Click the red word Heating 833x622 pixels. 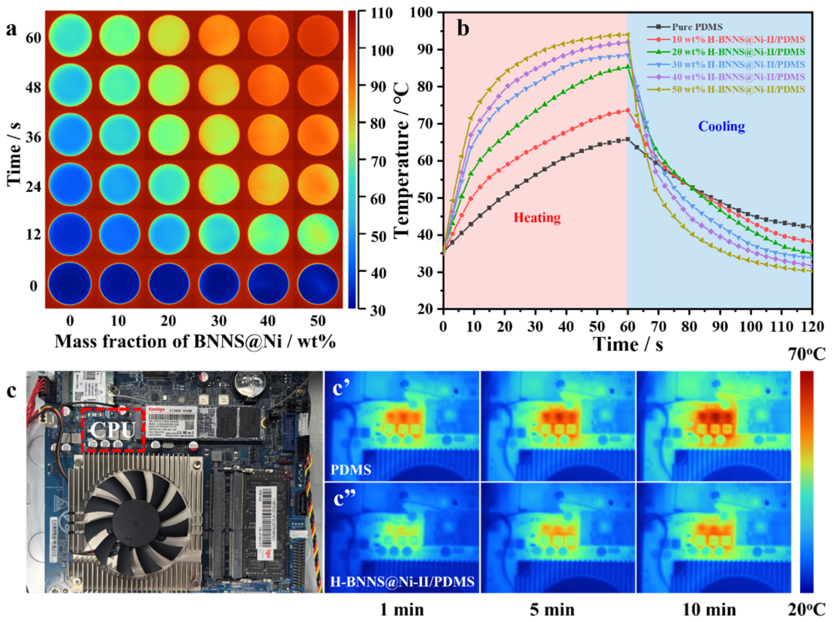pos(537,218)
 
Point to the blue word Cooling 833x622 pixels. pos(721,126)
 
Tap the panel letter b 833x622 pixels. pos(464,29)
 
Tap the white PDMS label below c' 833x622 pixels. pos(352,469)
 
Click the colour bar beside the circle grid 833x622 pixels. pos(351,160)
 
